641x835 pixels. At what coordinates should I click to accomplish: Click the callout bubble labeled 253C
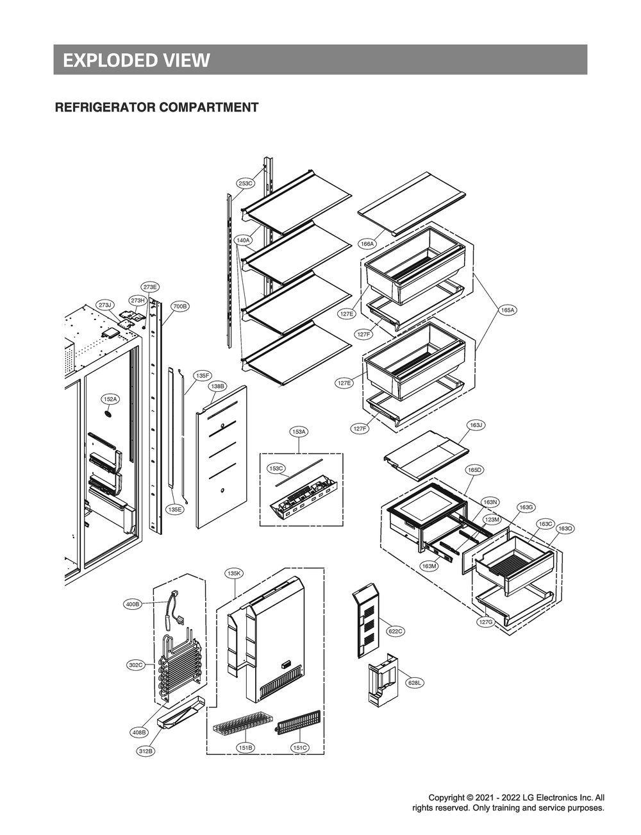pyautogui.click(x=246, y=183)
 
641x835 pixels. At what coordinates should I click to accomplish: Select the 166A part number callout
pyautogui.click(x=367, y=244)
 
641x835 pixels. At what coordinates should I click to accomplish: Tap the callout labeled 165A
pyautogui.click(x=507, y=310)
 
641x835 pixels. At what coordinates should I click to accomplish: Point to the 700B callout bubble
pyautogui.click(x=180, y=307)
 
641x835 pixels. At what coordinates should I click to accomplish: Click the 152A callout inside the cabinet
pyautogui.click(x=110, y=400)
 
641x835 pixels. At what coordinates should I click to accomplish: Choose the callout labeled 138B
pyautogui.click(x=217, y=387)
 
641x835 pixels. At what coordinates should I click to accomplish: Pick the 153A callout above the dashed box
pyautogui.click(x=299, y=432)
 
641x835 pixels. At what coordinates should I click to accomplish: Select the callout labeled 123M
pyautogui.click(x=492, y=519)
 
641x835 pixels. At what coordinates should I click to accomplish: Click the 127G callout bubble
pyautogui.click(x=485, y=622)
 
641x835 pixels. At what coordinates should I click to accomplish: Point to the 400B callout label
pyautogui.click(x=133, y=604)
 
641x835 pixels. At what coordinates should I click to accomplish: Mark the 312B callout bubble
pyautogui.click(x=146, y=751)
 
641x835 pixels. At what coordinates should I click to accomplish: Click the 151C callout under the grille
pyautogui.click(x=300, y=748)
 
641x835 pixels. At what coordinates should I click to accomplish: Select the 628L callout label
pyautogui.click(x=415, y=683)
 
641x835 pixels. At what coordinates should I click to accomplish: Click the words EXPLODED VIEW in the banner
pyautogui.click(x=136, y=60)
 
